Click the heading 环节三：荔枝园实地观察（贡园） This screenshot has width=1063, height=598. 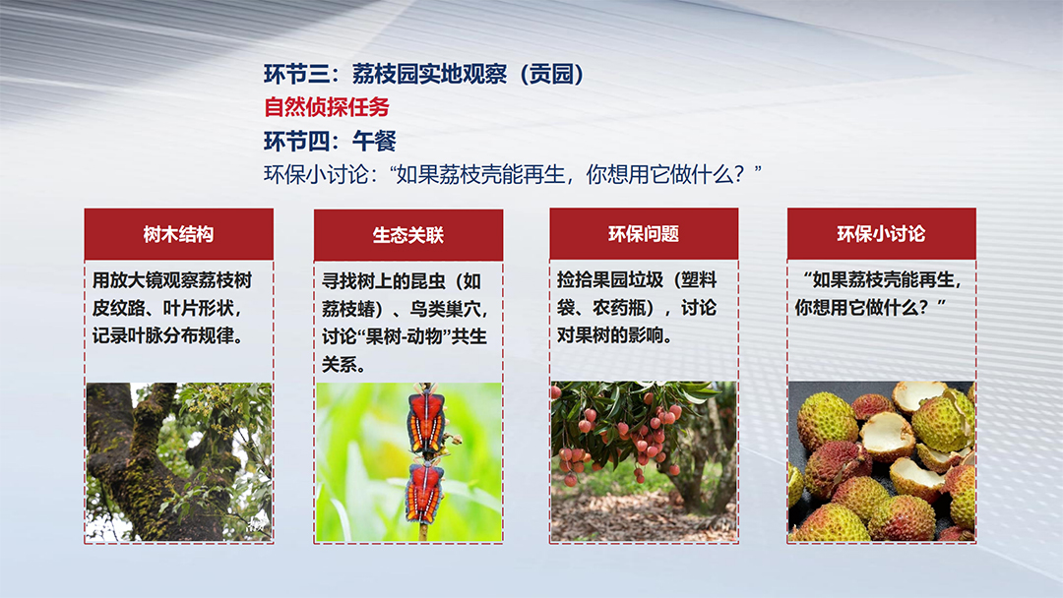(x=423, y=74)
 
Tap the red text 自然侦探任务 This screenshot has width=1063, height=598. (x=327, y=107)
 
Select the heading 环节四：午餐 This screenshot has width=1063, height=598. (x=330, y=141)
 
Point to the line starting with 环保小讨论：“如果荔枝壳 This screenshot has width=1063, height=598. (x=513, y=175)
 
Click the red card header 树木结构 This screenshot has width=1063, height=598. (x=179, y=234)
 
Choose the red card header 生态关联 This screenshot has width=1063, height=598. (x=408, y=235)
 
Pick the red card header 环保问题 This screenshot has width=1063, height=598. (x=644, y=234)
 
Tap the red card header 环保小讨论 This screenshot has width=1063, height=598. (x=881, y=234)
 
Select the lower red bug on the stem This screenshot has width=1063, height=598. (x=424, y=491)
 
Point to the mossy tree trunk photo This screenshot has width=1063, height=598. (x=179, y=462)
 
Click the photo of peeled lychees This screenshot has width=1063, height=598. (x=881, y=460)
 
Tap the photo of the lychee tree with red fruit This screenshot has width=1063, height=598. (x=644, y=461)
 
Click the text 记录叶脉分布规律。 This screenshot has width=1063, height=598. (x=168, y=335)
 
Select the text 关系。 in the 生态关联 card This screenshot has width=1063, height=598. (x=344, y=364)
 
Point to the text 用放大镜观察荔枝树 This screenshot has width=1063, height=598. (x=172, y=279)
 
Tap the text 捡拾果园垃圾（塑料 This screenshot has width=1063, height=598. (x=637, y=279)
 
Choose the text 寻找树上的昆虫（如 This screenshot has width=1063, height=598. (x=402, y=280)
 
